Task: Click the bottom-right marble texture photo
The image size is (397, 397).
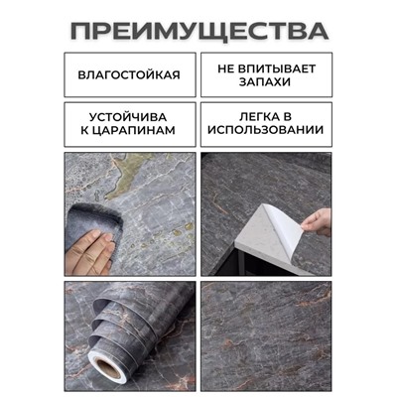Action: [266, 334]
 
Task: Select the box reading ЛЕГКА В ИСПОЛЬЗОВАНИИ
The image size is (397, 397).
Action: [266, 125]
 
